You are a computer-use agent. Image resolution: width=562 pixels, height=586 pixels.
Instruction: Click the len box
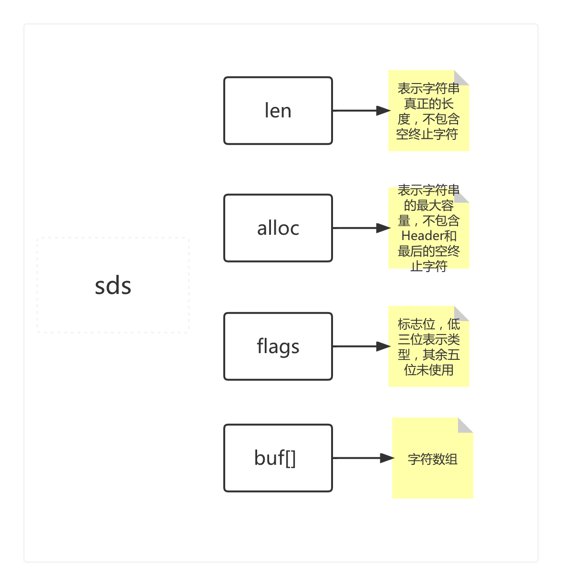click(278, 111)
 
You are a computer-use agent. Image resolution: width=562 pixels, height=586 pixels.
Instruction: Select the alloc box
click(278, 228)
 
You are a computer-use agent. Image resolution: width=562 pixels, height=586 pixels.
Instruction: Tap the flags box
click(278, 346)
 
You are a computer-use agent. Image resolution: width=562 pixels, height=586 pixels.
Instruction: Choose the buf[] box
click(278, 458)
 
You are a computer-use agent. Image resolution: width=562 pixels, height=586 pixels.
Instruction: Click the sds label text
click(113, 286)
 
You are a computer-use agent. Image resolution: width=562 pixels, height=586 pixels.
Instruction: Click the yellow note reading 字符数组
click(432, 472)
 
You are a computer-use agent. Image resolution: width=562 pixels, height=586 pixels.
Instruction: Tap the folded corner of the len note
click(460, 78)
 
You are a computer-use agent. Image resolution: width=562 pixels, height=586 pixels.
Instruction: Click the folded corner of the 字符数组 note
click(464, 426)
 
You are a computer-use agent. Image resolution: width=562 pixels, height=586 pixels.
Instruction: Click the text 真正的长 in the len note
click(428, 104)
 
